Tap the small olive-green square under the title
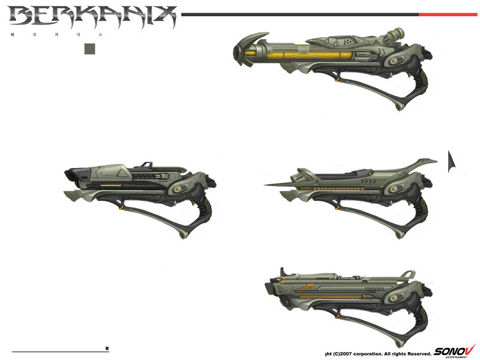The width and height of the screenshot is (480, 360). click(91, 48)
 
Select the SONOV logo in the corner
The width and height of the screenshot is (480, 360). click(454, 350)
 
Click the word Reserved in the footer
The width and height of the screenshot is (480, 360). click(415, 353)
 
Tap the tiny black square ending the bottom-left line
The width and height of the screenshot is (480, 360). click(107, 348)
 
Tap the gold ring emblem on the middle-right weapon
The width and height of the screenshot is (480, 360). click(394, 189)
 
